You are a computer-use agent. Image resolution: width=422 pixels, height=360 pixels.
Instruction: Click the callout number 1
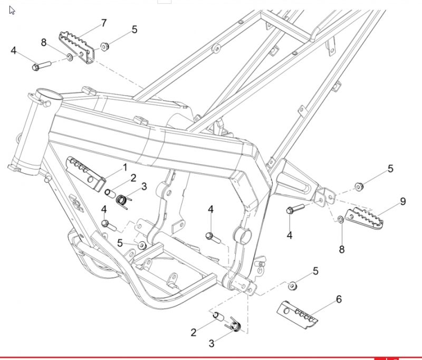click(124, 167)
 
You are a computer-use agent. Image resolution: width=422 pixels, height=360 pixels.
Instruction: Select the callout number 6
click(339, 299)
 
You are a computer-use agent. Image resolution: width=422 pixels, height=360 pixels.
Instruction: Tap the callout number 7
click(104, 23)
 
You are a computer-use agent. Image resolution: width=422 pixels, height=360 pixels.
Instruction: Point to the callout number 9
click(402, 202)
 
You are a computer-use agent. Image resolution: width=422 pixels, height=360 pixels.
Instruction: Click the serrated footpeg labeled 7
click(76, 48)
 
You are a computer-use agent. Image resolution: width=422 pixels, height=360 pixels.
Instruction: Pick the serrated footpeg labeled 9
click(365, 218)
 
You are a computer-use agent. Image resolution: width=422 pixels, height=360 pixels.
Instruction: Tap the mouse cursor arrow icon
click(12, 11)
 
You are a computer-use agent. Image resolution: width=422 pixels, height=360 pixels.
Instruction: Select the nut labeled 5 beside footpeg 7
click(104, 46)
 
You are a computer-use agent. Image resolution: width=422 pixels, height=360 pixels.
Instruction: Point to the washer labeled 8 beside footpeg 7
click(70, 57)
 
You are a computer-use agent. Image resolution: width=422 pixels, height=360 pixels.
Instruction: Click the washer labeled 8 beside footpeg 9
click(340, 220)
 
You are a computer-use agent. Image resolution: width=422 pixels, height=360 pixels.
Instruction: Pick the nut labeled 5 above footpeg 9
click(358, 186)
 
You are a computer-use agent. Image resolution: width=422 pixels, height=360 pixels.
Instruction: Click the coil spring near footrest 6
click(234, 325)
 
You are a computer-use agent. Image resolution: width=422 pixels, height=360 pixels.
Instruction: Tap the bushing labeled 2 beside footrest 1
click(110, 193)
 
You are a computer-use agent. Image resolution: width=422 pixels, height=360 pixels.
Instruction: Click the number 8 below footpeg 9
click(341, 249)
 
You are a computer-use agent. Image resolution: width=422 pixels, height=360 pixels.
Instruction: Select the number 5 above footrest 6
click(315, 271)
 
